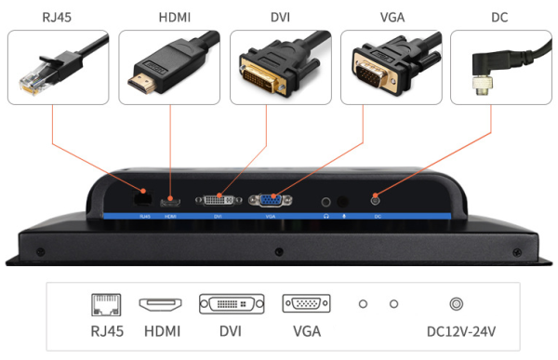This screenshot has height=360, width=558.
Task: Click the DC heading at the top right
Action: (x=499, y=17)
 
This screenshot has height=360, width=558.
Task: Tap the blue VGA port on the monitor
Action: (x=271, y=200)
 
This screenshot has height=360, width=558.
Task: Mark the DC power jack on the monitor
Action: (x=377, y=199)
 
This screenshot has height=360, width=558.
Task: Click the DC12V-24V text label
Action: (x=457, y=331)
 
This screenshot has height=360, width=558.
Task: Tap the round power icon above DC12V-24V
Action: (x=457, y=304)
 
